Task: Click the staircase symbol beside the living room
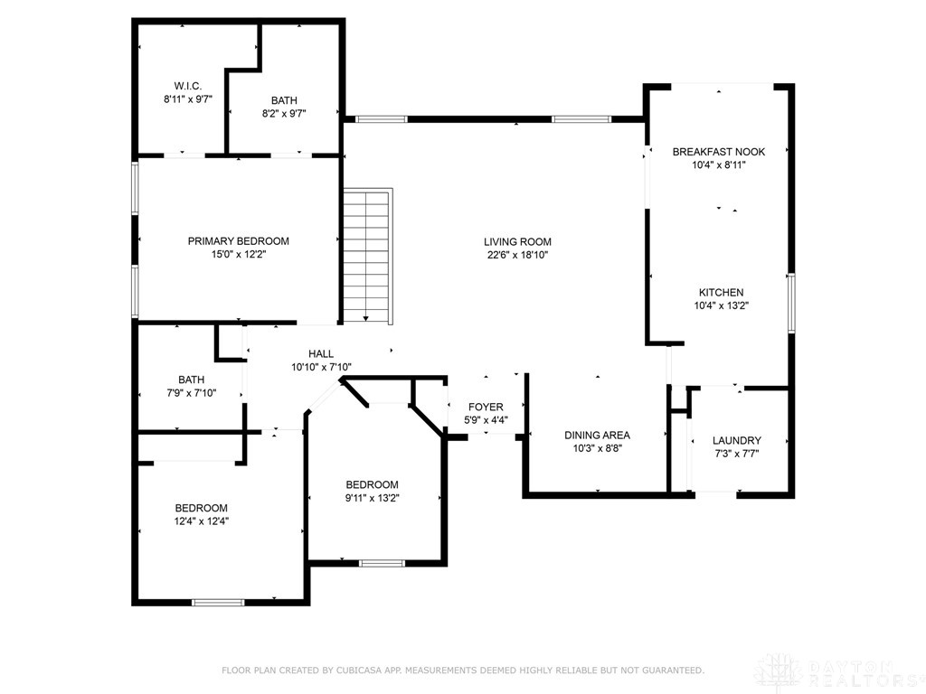tap(367, 255)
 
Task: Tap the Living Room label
tap(517, 241)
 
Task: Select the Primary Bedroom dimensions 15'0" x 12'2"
tap(238, 255)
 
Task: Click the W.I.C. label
tap(188, 86)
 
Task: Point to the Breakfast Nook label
tap(719, 152)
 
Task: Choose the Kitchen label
tap(721, 292)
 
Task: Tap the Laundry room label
tap(736, 440)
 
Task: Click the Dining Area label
tap(597, 435)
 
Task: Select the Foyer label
tap(485, 407)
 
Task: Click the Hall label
tap(320, 353)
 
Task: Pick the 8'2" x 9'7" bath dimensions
tap(284, 114)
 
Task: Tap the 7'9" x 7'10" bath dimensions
tap(191, 393)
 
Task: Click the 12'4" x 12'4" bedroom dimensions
tap(201, 521)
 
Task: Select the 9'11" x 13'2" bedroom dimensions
tap(372, 498)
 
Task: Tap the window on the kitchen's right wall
tap(791, 303)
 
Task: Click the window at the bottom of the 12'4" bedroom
tap(218, 601)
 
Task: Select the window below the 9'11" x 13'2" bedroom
tap(382, 563)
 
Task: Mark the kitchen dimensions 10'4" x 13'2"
tap(721, 305)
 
